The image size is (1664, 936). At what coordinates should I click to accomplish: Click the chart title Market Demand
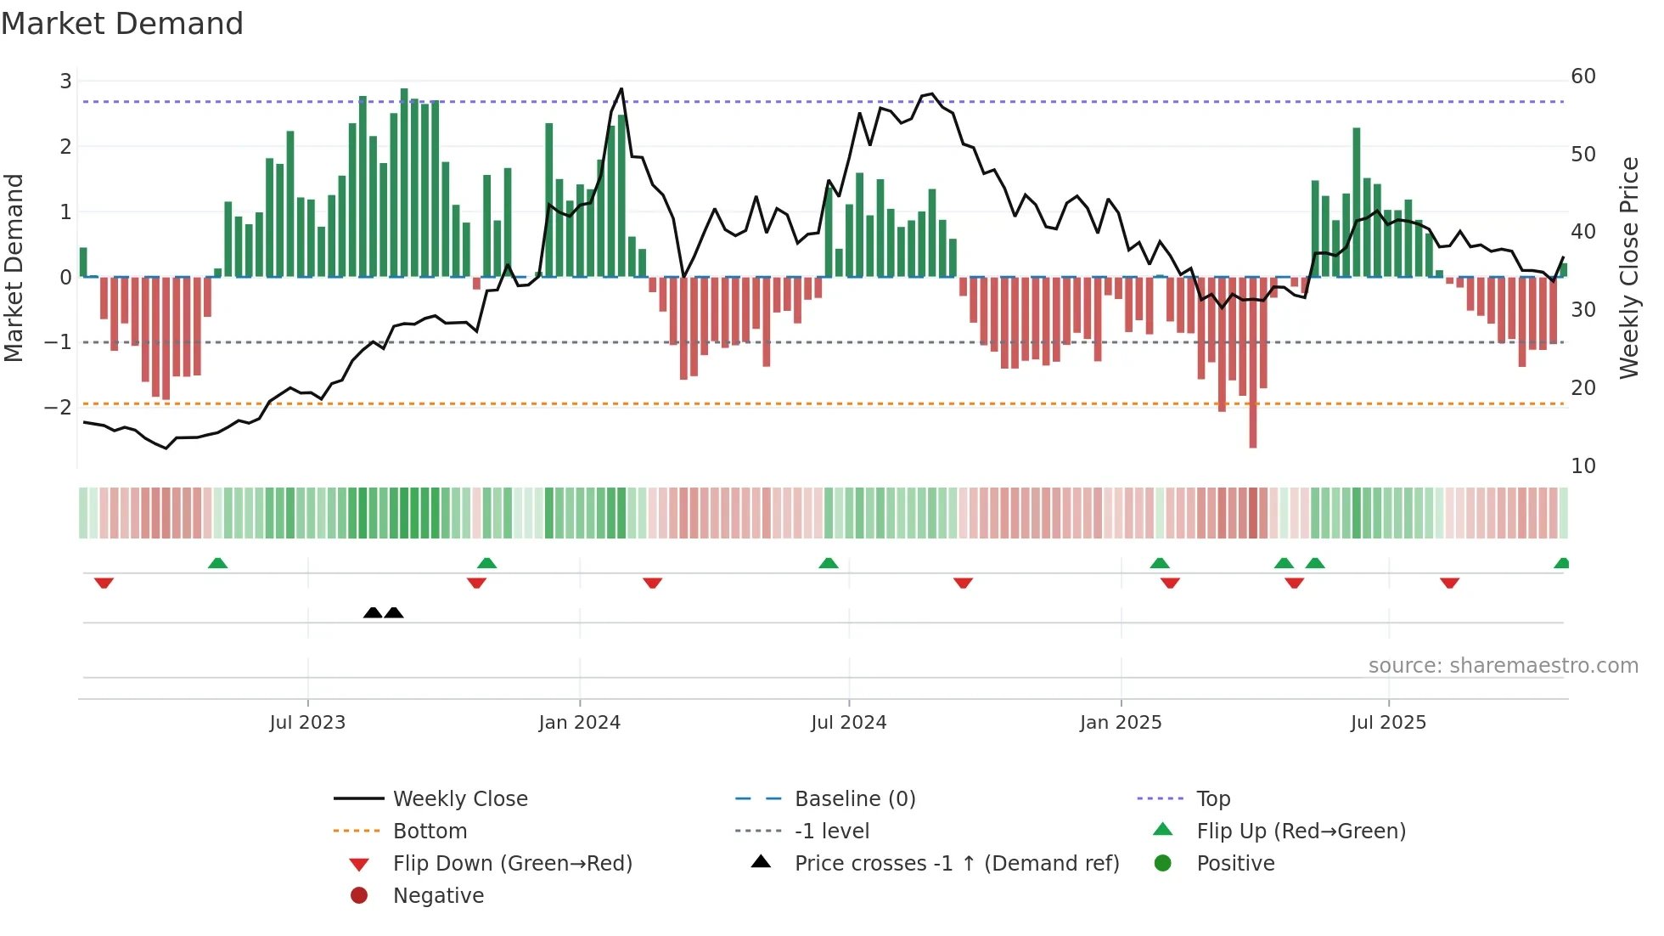(x=122, y=24)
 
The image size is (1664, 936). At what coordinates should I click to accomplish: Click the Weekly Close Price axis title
(x=1628, y=268)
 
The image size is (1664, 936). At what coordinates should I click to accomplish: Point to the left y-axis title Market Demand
(x=14, y=268)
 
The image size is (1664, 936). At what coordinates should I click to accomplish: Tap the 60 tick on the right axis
(x=1582, y=76)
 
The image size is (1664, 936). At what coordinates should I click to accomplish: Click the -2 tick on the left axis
(x=59, y=407)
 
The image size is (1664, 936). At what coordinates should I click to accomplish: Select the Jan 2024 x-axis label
(x=579, y=723)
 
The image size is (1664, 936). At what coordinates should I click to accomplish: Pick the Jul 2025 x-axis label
(x=1388, y=723)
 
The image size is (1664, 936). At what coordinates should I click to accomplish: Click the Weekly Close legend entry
(x=459, y=798)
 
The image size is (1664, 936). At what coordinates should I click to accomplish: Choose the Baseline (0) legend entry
(x=854, y=798)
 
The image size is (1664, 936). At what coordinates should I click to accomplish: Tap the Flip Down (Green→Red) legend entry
(x=512, y=863)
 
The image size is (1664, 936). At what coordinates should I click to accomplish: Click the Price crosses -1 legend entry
(x=956, y=863)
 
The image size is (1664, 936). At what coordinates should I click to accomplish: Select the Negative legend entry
(x=438, y=895)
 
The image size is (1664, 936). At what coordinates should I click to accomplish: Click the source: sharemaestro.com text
(x=1503, y=665)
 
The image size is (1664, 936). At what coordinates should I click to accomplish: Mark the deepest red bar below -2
(x=1253, y=425)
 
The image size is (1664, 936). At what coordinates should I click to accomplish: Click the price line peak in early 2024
(x=621, y=88)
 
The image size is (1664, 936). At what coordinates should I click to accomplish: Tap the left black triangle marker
(x=373, y=612)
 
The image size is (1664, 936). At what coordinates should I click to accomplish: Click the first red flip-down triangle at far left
(x=104, y=583)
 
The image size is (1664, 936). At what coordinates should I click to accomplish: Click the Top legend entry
(x=1212, y=798)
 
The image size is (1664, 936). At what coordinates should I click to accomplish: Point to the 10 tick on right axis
(x=1582, y=465)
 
